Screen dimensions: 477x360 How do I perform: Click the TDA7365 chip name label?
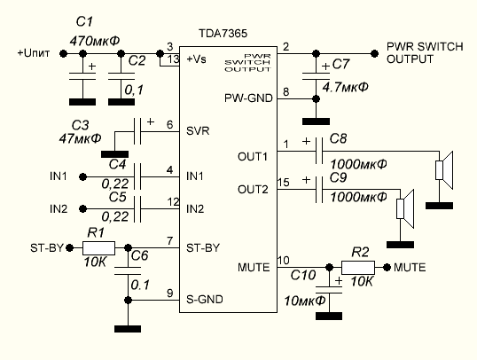[223, 34]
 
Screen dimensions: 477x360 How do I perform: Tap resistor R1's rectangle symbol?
[99, 248]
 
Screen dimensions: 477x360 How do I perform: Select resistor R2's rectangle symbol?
[358, 268]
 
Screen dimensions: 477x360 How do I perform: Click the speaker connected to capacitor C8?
[444, 170]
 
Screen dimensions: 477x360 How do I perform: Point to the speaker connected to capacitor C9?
[405, 208]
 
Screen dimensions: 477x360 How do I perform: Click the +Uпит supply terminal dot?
[63, 54]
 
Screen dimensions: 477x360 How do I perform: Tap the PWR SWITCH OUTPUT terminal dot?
[375, 54]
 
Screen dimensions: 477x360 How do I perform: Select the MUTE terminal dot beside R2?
[387, 268]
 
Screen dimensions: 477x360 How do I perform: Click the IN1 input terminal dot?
[82, 176]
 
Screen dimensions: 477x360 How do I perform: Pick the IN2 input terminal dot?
[82, 209]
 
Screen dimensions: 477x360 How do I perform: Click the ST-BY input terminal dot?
[70, 248]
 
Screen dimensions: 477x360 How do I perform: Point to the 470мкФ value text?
[95, 41]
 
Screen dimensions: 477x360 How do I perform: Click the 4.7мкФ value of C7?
[345, 88]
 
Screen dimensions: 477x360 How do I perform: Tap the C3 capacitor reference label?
[80, 125]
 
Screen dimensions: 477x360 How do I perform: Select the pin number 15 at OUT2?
[283, 183]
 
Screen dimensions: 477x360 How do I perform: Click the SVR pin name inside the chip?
[198, 131]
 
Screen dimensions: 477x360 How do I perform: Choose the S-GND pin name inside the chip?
[205, 300]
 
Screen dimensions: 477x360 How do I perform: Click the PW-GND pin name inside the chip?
[248, 98]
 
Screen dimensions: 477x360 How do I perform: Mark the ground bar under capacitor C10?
[329, 316]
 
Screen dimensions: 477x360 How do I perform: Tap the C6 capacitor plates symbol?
[128, 270]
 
